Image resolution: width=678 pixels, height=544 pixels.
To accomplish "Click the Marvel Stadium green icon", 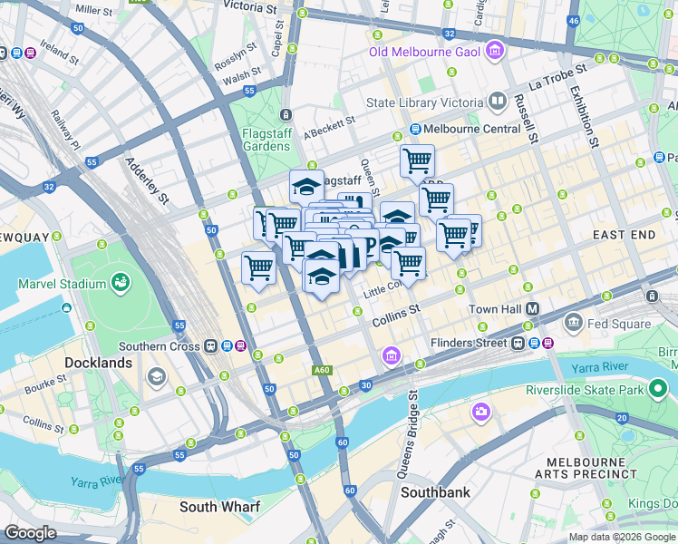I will tap(120, 284).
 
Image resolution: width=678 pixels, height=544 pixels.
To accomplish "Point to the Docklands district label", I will tap(99, 362).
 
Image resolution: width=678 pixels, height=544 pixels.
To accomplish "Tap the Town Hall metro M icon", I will tap(532, 309).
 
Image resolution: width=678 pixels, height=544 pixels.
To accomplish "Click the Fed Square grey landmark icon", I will tap(573, 323).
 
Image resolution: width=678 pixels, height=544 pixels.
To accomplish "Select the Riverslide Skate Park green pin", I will tap(659, 391).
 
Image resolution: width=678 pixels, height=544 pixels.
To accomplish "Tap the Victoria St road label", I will tap(249, 7).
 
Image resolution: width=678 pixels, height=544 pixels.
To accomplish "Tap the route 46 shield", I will tap(572, 20).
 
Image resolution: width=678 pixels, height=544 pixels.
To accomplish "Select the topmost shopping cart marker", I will tap(417, 160).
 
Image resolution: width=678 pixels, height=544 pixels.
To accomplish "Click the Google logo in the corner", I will tap(30, 533).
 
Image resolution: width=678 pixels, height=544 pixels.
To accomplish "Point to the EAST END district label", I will tap(624, 235).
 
